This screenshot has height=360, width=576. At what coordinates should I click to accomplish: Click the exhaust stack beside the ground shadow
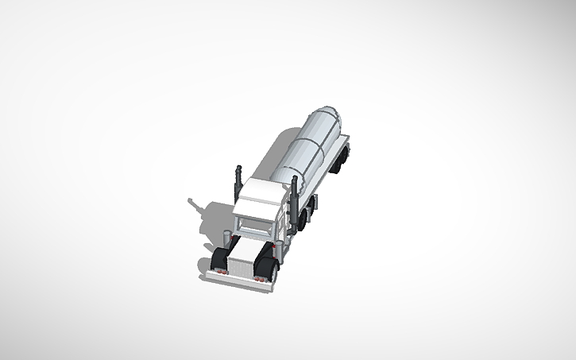tap(238, 181)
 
